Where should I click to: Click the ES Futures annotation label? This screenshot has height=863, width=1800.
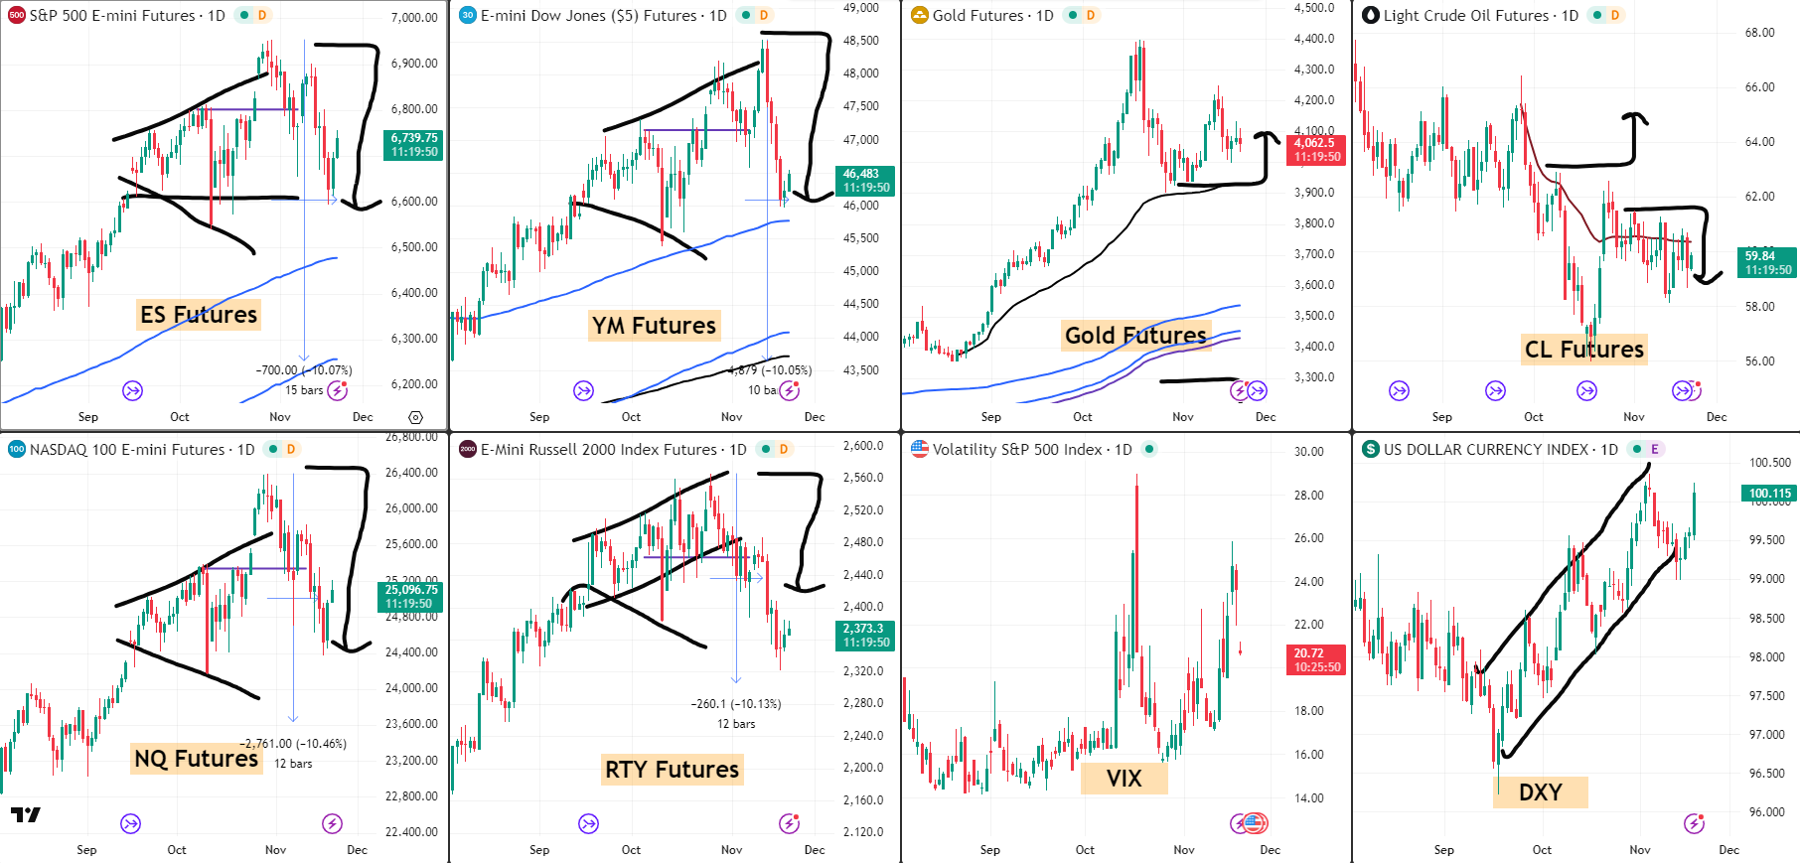(199, 315)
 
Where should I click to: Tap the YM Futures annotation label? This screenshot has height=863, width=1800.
(654, 326)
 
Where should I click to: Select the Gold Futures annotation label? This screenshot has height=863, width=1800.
(1135, 336)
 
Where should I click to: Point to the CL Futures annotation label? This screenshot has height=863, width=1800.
(1583, 350)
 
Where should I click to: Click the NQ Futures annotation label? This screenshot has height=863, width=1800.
(196, 759)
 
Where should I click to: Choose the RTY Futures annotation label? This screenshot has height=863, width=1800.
(672, 770)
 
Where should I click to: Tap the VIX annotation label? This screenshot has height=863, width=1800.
(1124, 779)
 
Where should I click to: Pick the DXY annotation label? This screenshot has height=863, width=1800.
(1540, 792)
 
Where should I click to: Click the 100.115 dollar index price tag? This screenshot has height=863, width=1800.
(1769, 494)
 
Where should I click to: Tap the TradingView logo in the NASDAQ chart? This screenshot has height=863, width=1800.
(26, 815)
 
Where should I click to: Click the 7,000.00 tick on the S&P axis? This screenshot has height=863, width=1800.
(414, 18)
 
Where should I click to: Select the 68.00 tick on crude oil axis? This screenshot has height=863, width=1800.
(1759, 33)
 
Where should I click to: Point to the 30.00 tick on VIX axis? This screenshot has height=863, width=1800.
(1308, 452)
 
